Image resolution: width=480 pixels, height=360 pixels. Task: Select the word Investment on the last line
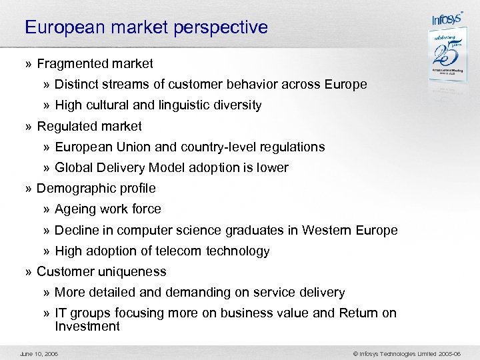(87, 326)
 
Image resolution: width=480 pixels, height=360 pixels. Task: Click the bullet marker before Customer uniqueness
(29, 272)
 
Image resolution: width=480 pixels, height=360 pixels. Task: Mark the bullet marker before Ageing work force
(47, 210)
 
